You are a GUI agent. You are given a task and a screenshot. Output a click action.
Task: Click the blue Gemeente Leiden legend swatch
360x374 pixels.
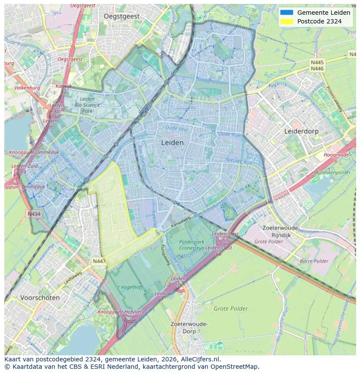pyautogui.click(x=287, y=13)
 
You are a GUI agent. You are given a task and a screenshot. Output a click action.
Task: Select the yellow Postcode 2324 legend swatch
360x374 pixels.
pyautogui.click(x=287, y=21)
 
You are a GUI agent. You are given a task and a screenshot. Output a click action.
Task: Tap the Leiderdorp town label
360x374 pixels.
pyautogui.click(x=301, y=131)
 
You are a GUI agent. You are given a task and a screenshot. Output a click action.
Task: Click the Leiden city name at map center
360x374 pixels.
pyautogui.click(x=172, y=142)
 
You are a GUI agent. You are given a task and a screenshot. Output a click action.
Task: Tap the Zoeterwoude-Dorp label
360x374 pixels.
pyautogui.click(x=189, y=328)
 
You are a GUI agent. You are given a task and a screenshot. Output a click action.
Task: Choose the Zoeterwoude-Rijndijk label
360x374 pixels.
pyautogui.click(x=281, y=231)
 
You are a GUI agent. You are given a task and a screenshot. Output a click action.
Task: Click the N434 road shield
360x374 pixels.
pyautogui.click(x=34, y=214)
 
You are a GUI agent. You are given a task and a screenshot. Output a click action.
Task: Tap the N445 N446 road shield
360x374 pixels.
pyautogui.click(x=317, y=66)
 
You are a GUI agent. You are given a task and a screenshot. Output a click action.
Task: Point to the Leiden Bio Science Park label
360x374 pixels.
pyautogui.click(x=87, y=105)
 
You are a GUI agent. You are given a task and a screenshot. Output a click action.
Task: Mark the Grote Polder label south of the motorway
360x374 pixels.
pyautogui.click(x=230, y=309)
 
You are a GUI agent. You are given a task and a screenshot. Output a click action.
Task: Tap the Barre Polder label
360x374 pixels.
pyautogui.click(x=314, y=261)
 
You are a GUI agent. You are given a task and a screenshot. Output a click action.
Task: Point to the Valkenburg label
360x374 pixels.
pyautogui.click(x=28, y=88)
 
